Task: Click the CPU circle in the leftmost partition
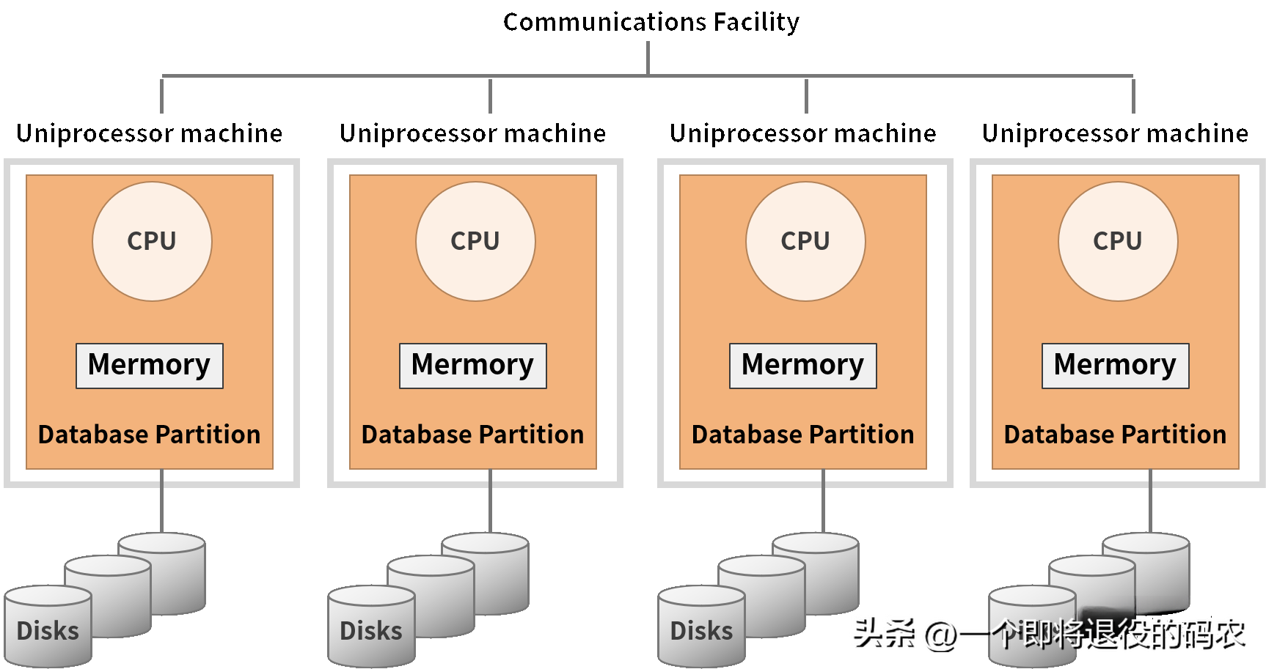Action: coord(152,241)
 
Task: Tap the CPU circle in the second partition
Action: coord(475,241)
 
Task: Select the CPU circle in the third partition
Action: coord(805,241)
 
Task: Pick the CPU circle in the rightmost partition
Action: coord(1118,241)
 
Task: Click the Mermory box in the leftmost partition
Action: coord(150,366)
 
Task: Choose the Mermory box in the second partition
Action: coord(473,366)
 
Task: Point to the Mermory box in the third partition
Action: coord(803,366)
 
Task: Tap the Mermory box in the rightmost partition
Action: coord(1116,366)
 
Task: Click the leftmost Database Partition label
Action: coord(150,435)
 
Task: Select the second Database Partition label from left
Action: coord(473,435)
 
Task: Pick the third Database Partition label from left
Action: coord(803,435)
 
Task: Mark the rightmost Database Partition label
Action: coord(1116,435)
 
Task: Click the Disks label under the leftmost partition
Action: coord(48,631)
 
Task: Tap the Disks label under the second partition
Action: coord(371,631)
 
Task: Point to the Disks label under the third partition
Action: coord(702,631)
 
